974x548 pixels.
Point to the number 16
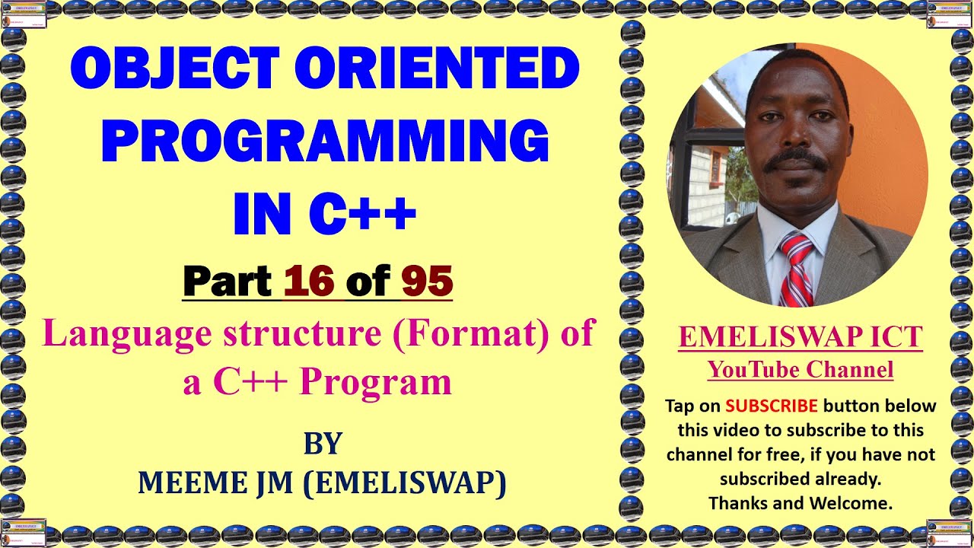(x=309, y=281)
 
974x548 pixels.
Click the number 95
(x=427, y=281)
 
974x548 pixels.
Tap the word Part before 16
(x=228, y=281)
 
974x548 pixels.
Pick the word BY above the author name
(x=323, y=444)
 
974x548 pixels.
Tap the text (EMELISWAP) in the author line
(x=404, y=483)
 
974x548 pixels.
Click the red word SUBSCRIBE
(x=772, y=406)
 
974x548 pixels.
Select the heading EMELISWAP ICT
(x=801, y=338)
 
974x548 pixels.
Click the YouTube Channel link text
(x=801, y=370)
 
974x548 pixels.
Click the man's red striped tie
(x=796, y=271)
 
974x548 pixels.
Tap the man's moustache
(x=795, y=161)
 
